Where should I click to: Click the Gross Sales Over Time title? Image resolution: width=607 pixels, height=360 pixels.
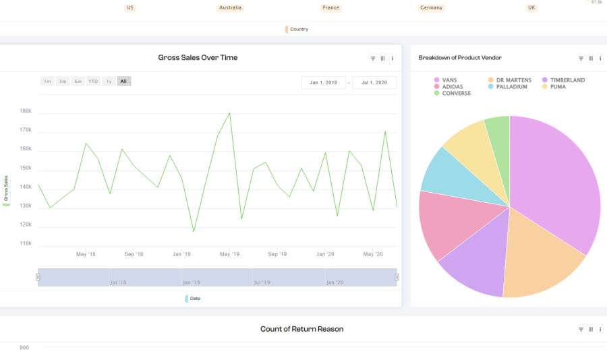(198, 58)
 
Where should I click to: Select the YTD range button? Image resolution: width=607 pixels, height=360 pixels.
(93, 82)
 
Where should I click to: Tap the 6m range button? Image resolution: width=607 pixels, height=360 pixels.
(78, 82)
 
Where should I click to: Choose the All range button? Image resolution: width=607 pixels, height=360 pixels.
(124, 82)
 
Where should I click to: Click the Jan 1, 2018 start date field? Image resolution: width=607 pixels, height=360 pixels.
(323, 83)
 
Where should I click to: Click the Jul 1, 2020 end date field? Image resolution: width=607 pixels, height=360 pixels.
(374, 83)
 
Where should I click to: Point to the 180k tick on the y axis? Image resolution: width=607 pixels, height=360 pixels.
(26, 111)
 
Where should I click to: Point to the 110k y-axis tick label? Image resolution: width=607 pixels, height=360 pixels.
(26, 243)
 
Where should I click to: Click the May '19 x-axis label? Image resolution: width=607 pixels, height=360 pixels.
(229, 254)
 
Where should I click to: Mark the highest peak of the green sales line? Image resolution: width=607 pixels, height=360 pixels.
(229, 113)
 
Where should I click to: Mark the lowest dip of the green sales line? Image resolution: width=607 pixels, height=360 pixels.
(194, 231)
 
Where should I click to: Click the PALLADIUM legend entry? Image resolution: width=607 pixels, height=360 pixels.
(511, 87)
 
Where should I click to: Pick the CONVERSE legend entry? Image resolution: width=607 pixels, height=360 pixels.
(456, 94)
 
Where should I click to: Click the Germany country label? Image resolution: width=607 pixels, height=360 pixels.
(431, 8)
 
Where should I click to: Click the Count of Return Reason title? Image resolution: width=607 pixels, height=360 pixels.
(301, 329)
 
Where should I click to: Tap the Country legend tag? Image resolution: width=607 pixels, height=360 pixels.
(298, 30)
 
